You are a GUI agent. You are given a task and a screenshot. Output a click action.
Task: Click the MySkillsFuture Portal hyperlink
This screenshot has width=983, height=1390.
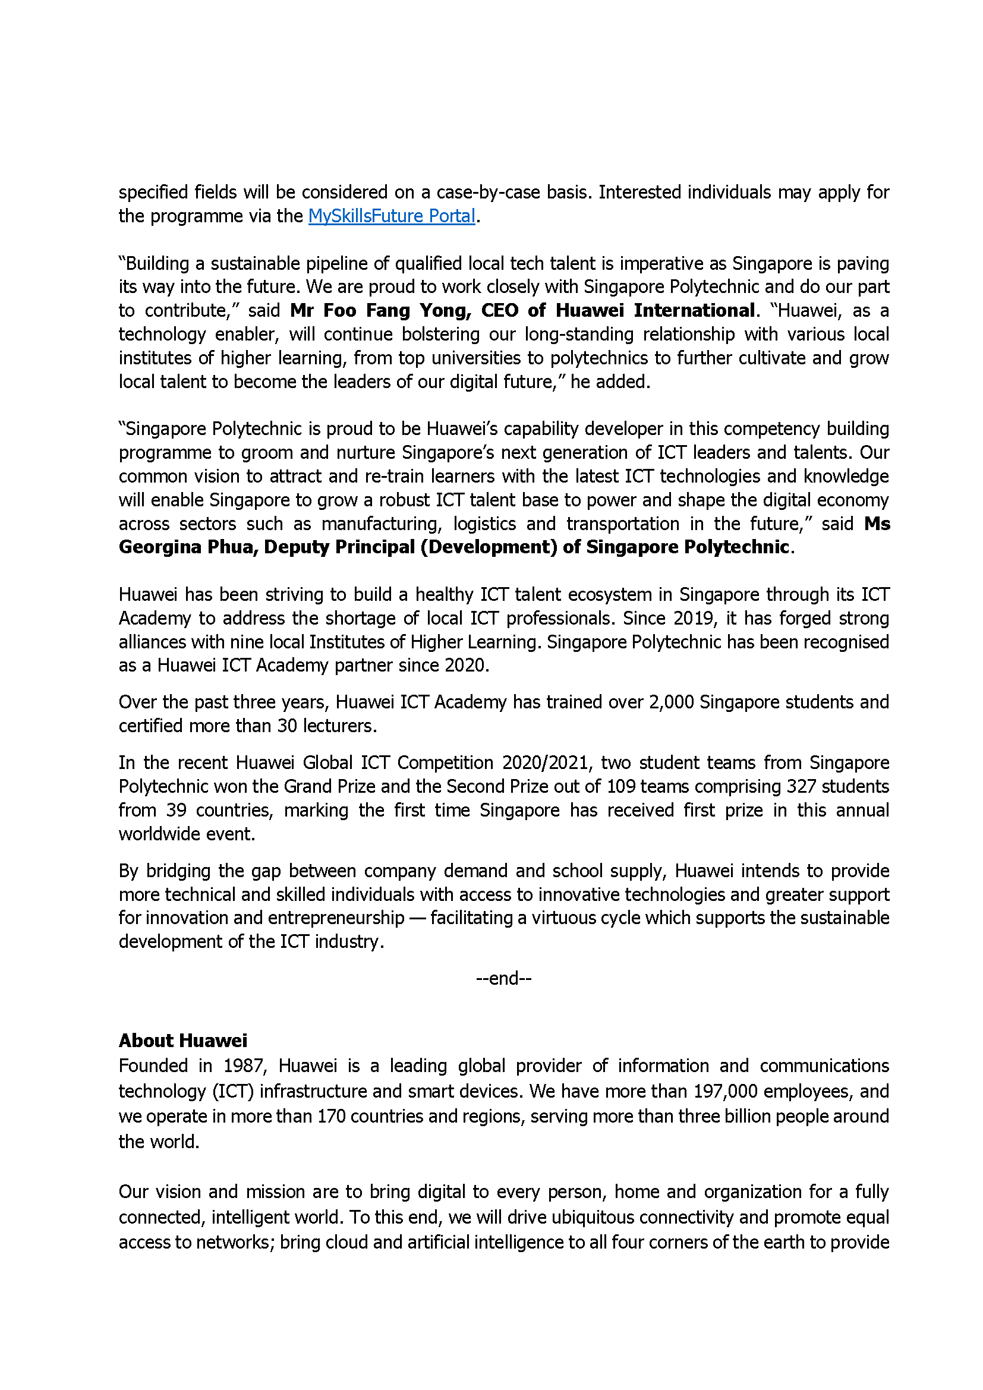(391, 216)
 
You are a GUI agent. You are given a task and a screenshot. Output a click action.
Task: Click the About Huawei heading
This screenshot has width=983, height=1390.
(183, 1040)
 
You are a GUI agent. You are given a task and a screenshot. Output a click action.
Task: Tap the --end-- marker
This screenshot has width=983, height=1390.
(503, 978)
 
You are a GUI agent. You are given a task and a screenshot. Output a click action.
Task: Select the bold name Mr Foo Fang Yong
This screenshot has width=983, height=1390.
(380, 311)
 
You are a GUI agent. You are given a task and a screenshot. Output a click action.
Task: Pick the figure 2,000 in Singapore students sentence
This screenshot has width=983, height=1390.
(670, 702)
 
